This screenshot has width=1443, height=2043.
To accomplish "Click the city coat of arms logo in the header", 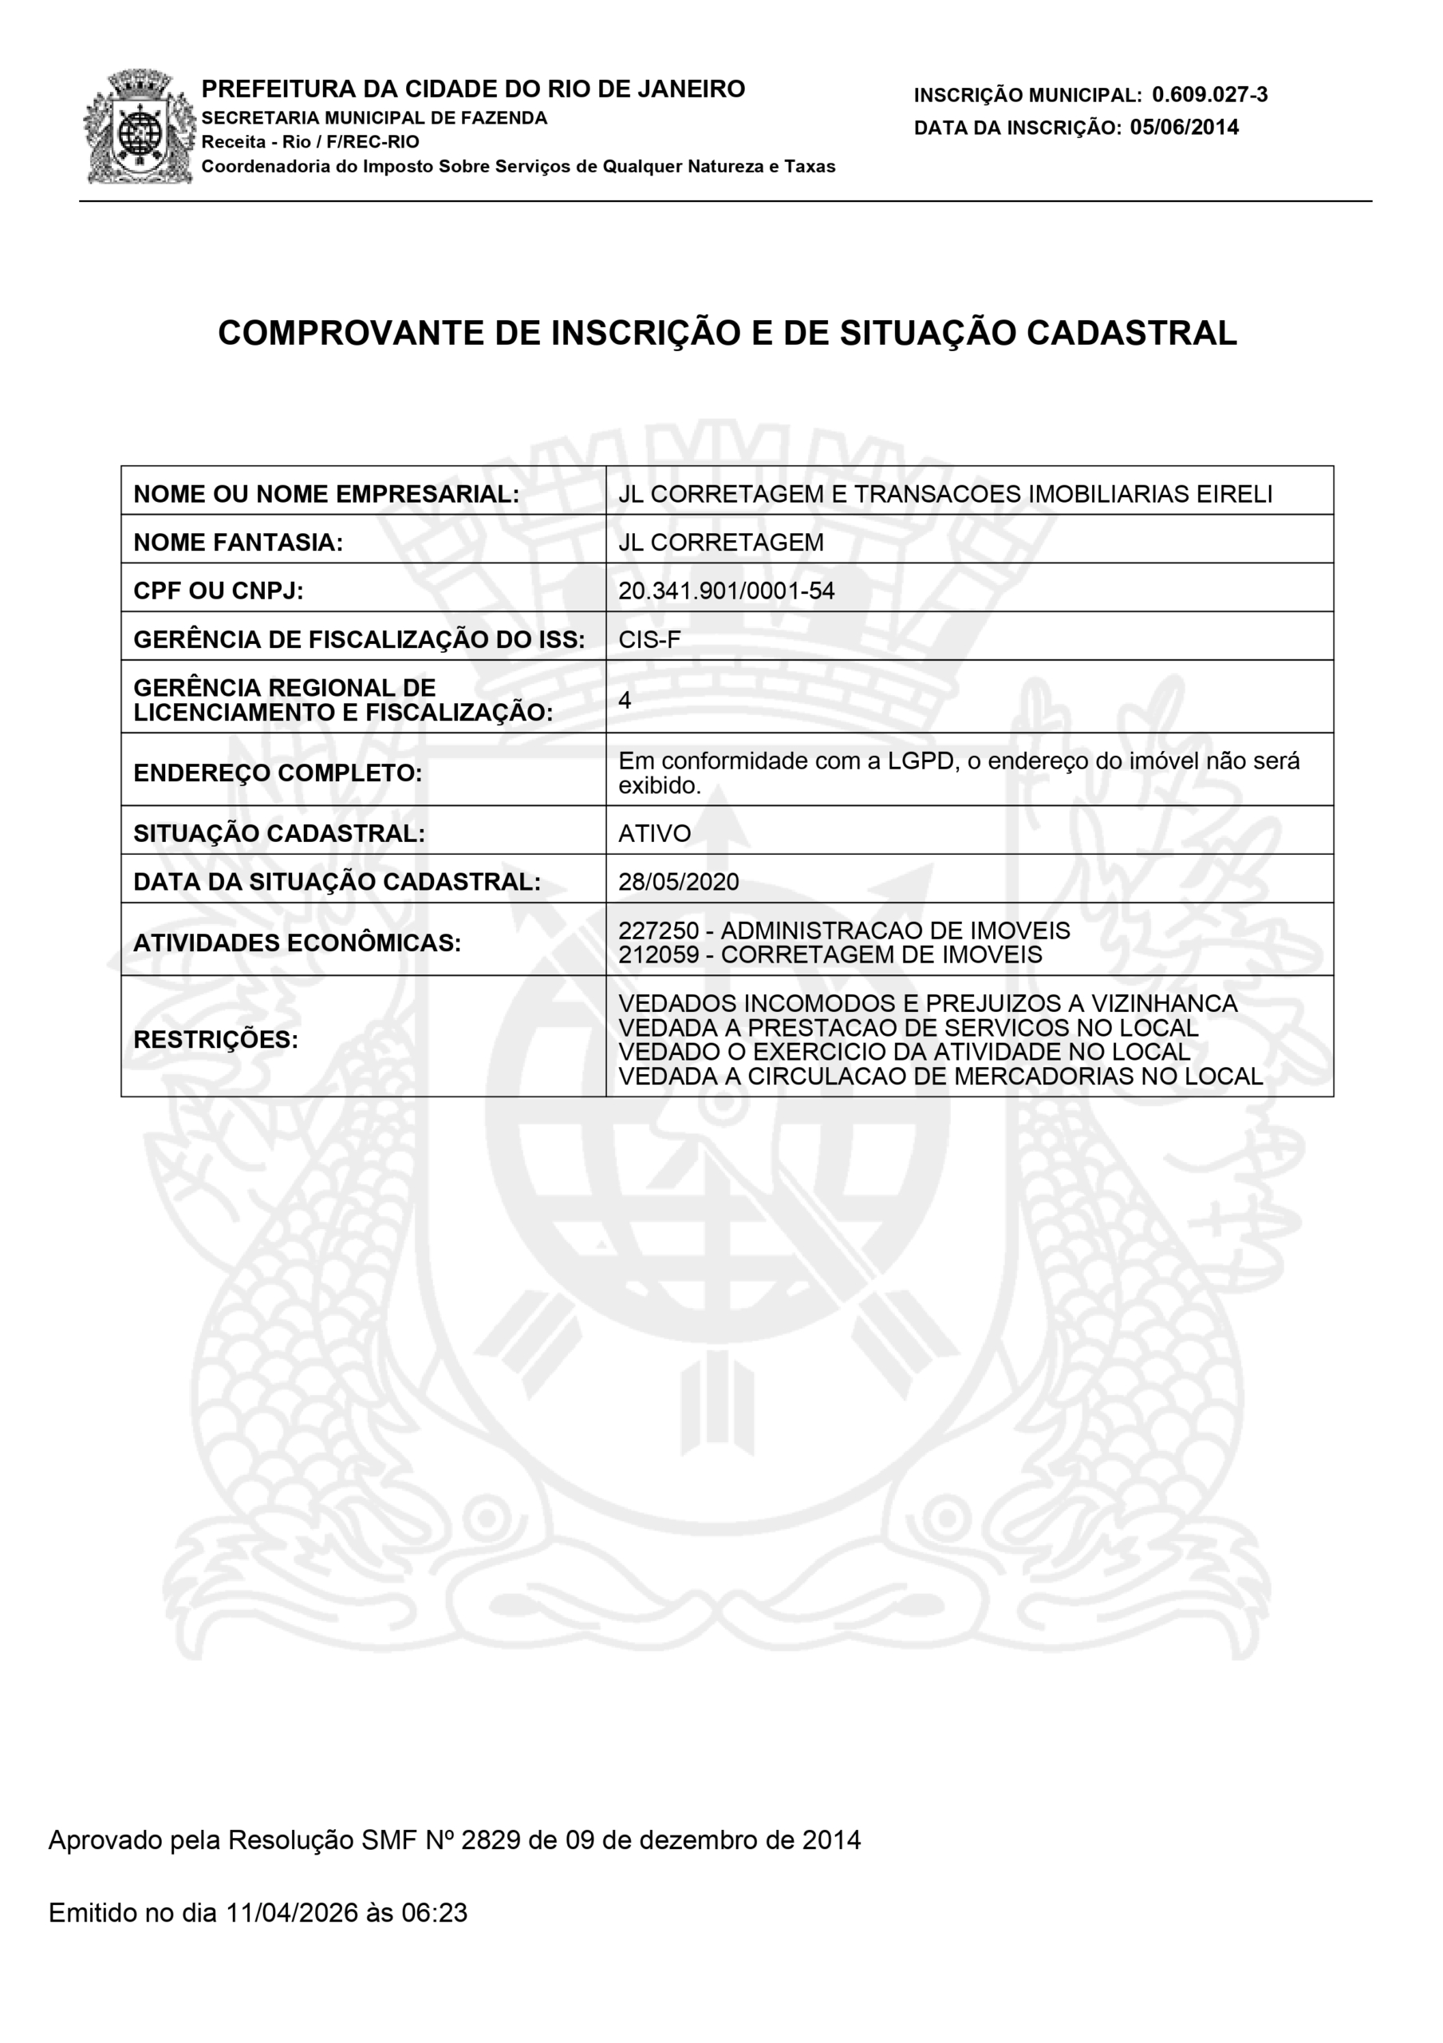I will (x=140, y=127).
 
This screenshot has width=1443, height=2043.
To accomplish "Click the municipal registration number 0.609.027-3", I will (x=1209, y=94).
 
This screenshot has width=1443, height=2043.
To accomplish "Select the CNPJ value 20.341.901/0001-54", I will (x=726, y=591).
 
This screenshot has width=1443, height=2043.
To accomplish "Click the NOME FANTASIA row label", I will (x=238, y=542).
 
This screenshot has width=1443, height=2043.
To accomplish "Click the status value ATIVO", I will (x=654, y=833).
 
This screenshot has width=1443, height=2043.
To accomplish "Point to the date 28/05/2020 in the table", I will (x=678, y=882).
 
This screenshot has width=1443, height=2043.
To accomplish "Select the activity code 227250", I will (x=657, y=931).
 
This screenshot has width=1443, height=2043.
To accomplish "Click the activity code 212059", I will (x=657, y=954).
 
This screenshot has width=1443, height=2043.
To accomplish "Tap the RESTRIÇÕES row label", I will (x=215, y=1039).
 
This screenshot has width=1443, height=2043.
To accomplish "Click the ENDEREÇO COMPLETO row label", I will (x=278, y=773).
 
